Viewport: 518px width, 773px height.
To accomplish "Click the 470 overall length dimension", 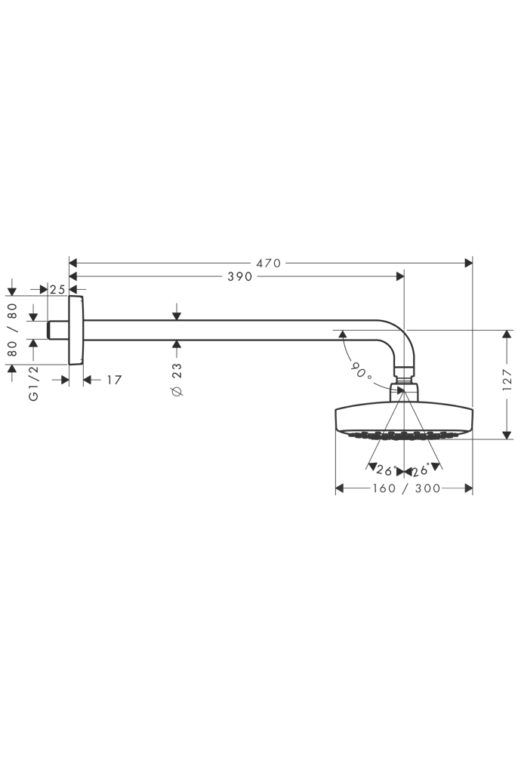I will [x=268, y=263].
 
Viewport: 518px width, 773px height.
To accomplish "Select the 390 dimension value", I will [x=239, y=277].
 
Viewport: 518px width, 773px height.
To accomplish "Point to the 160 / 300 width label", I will [x=406, y=489].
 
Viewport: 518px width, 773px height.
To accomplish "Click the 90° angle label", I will [x=362, y=371].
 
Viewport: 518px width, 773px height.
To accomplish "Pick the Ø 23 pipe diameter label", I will [x=177, y=380].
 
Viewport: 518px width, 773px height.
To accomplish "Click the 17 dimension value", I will [x=114, y=380].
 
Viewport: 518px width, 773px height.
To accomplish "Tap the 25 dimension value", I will [x=57, y=288].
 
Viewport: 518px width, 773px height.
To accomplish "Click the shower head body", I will [x=404, y=420].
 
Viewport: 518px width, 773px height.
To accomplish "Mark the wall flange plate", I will [x=76, y=330].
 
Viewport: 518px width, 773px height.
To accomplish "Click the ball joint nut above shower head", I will [x=405, y=391].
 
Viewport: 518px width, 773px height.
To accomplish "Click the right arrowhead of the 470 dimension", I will [x=468, y=263].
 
